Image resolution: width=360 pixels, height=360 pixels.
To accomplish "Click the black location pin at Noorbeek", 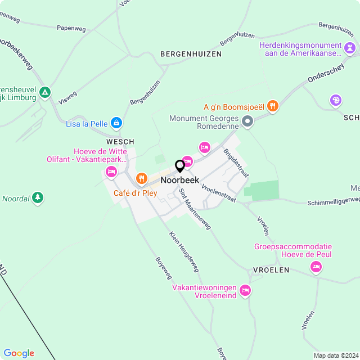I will point(180,166).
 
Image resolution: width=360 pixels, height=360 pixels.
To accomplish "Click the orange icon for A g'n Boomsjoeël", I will point(273,106).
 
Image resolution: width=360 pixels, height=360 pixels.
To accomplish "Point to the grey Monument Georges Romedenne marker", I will point(247,121).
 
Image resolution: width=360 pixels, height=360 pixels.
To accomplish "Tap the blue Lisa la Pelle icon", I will point(116,122).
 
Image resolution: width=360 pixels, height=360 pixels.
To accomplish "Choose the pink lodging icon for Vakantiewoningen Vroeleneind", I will point(245,290).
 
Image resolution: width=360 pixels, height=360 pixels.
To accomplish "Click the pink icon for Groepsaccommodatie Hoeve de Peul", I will point(316,267).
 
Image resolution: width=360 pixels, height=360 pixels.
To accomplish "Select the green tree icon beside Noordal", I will point(37,197).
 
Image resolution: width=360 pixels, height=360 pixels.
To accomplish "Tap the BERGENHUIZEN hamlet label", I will point(191,54).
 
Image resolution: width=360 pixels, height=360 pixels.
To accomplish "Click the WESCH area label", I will point(120,142).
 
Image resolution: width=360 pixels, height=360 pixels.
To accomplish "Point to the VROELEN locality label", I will point(271,270).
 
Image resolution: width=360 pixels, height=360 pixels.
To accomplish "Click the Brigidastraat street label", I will point(235,164).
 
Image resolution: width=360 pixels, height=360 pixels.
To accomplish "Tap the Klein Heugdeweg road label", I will point(184,251).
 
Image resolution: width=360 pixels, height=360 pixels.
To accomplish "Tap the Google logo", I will point(19,353).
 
